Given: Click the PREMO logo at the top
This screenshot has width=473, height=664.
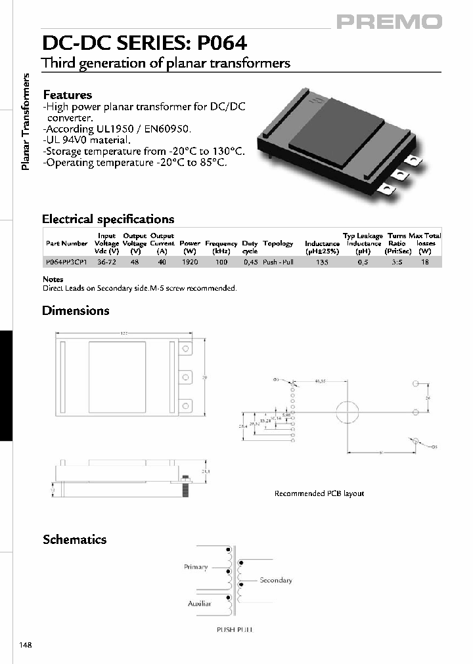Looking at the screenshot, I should pyautogui.click(x=390, y=22).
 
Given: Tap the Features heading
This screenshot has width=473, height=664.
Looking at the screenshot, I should pyautogui.click(x=67, y=95).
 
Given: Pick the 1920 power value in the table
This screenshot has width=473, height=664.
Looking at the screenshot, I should pyautogui.click(x=190, y=262).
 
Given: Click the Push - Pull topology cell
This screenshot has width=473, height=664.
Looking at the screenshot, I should pyautogui.click(x=278, y=262).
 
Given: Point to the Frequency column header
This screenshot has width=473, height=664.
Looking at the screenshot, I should pyautogui.click(x=221, y=243).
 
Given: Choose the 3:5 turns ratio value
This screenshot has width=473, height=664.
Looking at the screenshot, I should pyautogui.click(x=396, y=262).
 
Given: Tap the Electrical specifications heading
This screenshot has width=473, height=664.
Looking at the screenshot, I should pyautogui.click(x=108, y=219).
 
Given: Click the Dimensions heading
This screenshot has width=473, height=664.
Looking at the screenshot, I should pyautogui.click(x=76, y=310).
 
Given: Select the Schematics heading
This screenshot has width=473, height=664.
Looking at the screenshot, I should pyautogui.click(x=74, y=539).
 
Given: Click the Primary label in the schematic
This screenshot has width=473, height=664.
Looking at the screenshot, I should pyautogui.click(x=196, y=567).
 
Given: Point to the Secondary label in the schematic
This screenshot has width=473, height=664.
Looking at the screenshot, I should pyautogui.click(x=276, y=580).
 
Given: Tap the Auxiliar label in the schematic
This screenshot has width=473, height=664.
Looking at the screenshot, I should pyautogui.click(x=199, y=603).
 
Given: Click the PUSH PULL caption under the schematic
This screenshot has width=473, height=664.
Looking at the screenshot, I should pyautogui.click(x=235, y=630).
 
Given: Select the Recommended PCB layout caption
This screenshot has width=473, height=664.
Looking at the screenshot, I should pyautogui.click(x=319, y=493).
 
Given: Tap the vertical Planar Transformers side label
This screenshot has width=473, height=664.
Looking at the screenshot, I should pyautogui.click(x=27, y=123).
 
